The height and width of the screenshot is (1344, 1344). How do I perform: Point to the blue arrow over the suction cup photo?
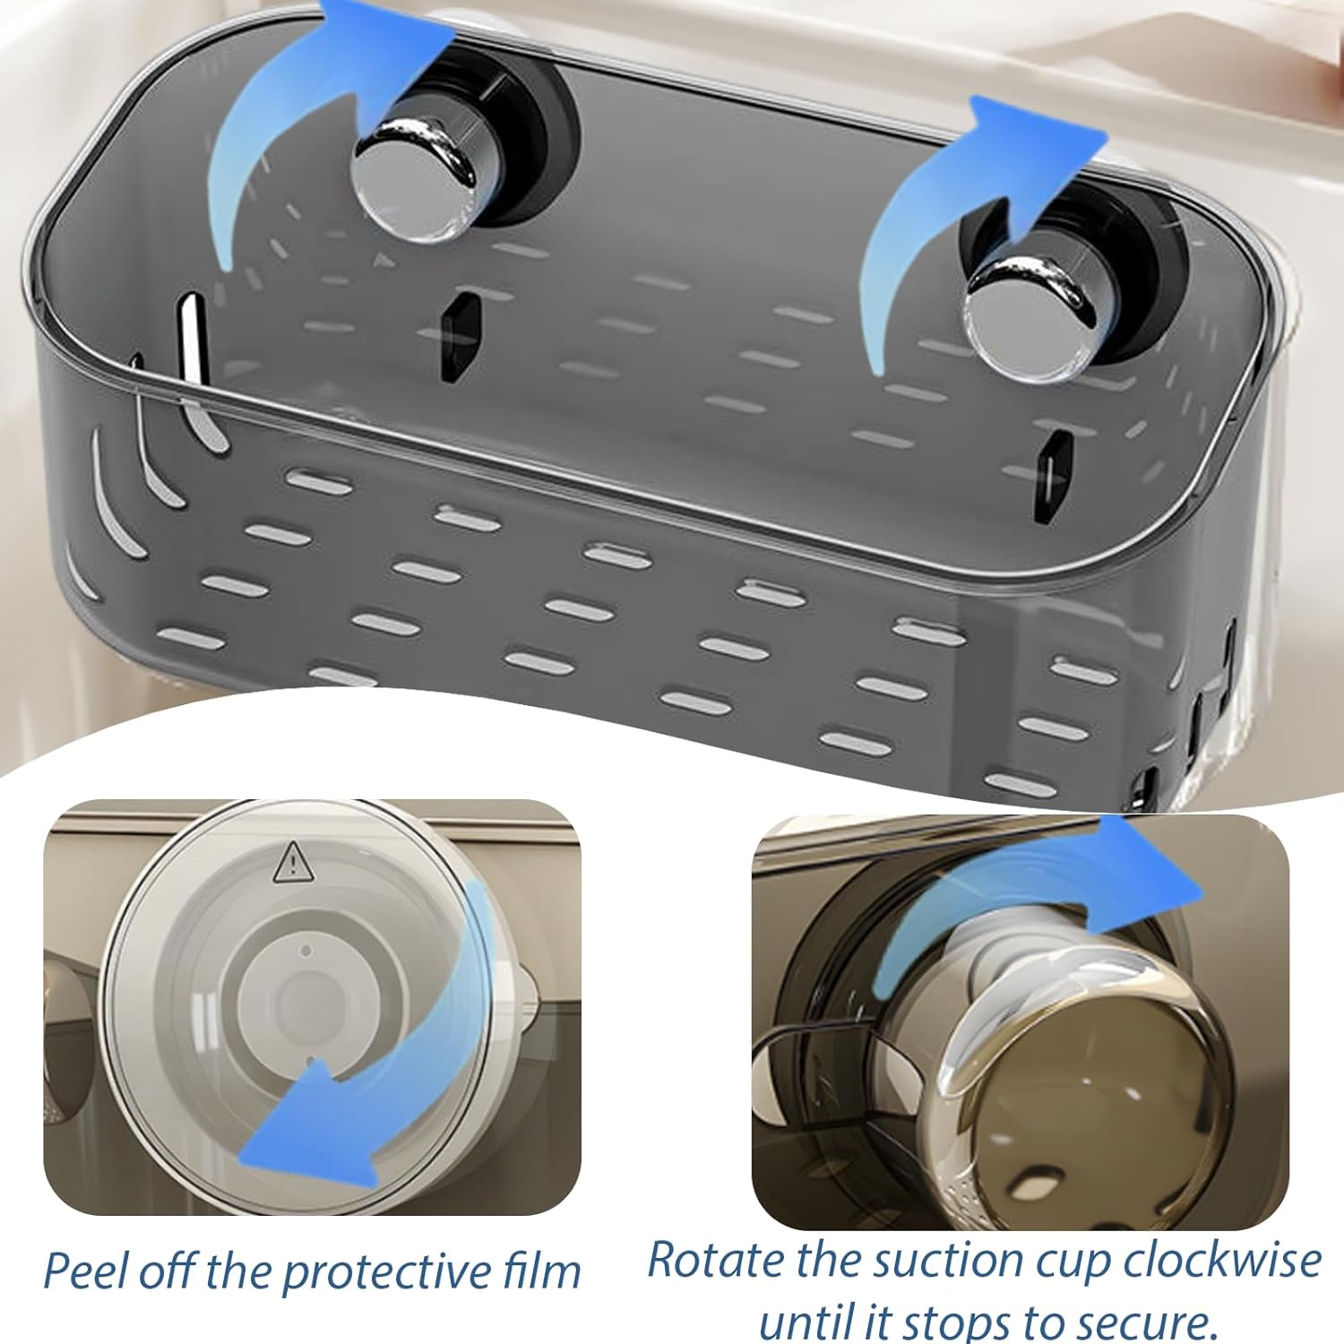click(x=1030, y=905)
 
